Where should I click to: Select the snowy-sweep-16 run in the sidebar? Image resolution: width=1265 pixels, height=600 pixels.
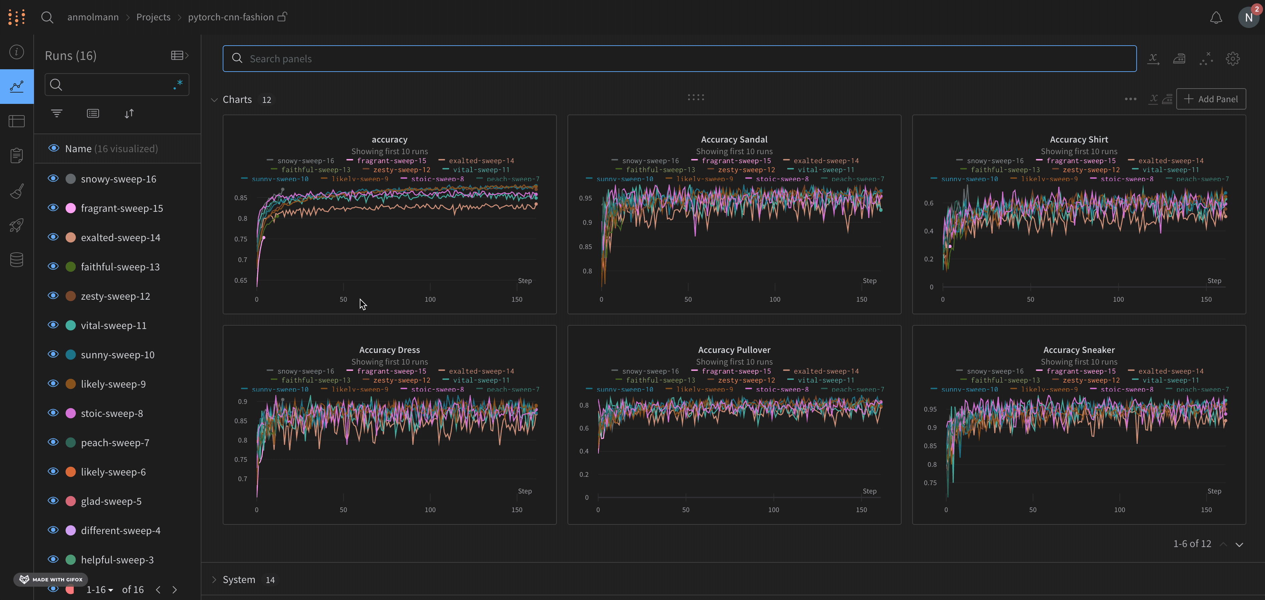[118, 179]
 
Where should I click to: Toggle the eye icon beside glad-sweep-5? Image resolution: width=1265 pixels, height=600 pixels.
[53, 500]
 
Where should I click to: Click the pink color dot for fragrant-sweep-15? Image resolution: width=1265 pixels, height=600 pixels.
[71, 208]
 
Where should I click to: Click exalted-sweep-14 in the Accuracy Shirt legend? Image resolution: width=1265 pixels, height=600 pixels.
[1171, 161]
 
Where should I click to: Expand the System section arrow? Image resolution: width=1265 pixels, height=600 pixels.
[214, 579]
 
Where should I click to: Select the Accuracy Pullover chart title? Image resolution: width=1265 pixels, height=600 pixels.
[734, 350]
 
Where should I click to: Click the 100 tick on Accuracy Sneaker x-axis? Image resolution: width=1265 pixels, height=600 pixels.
[1119, 510]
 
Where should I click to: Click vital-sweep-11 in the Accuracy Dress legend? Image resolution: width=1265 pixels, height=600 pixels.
[481, 380]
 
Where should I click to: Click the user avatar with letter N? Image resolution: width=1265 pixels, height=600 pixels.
[1248, 18]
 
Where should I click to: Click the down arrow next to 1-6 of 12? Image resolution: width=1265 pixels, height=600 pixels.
[1239, 544]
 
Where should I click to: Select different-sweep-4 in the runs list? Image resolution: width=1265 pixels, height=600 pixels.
[120, 530]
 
